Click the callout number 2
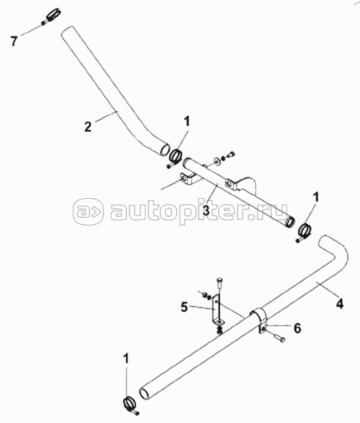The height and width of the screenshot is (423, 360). (x=87, y=126)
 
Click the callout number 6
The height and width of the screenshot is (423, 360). (x=297, y=328)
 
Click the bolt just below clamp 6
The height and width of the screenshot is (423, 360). (x=278, y=338)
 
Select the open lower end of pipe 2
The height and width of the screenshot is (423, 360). (x=163, y=148)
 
